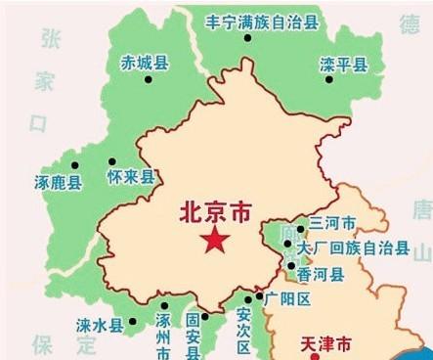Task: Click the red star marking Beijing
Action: (x=210, y=241)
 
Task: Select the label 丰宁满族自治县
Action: (x=261, y=20)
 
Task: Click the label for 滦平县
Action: (x=344, y=65)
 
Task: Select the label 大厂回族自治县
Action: (x=353, y=247)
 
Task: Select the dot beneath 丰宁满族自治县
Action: (x=247, y=38)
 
